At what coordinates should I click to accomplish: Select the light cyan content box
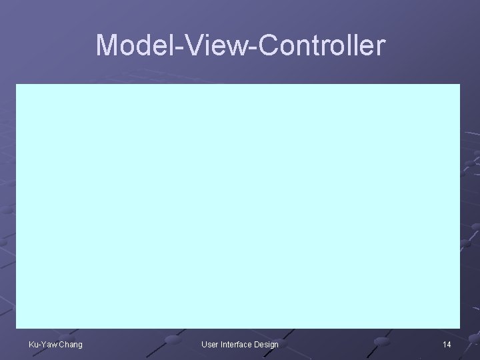238,205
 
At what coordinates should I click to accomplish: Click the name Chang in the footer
70,344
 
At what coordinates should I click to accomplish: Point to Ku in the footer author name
33,344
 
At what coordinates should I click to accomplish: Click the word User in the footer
210,344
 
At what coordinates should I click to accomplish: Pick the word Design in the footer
267,344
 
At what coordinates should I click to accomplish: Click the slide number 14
447,344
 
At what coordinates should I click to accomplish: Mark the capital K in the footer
31,344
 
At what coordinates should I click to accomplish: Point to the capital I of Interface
222,344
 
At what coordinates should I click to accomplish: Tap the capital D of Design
257,344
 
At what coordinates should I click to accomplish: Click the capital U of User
204,344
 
